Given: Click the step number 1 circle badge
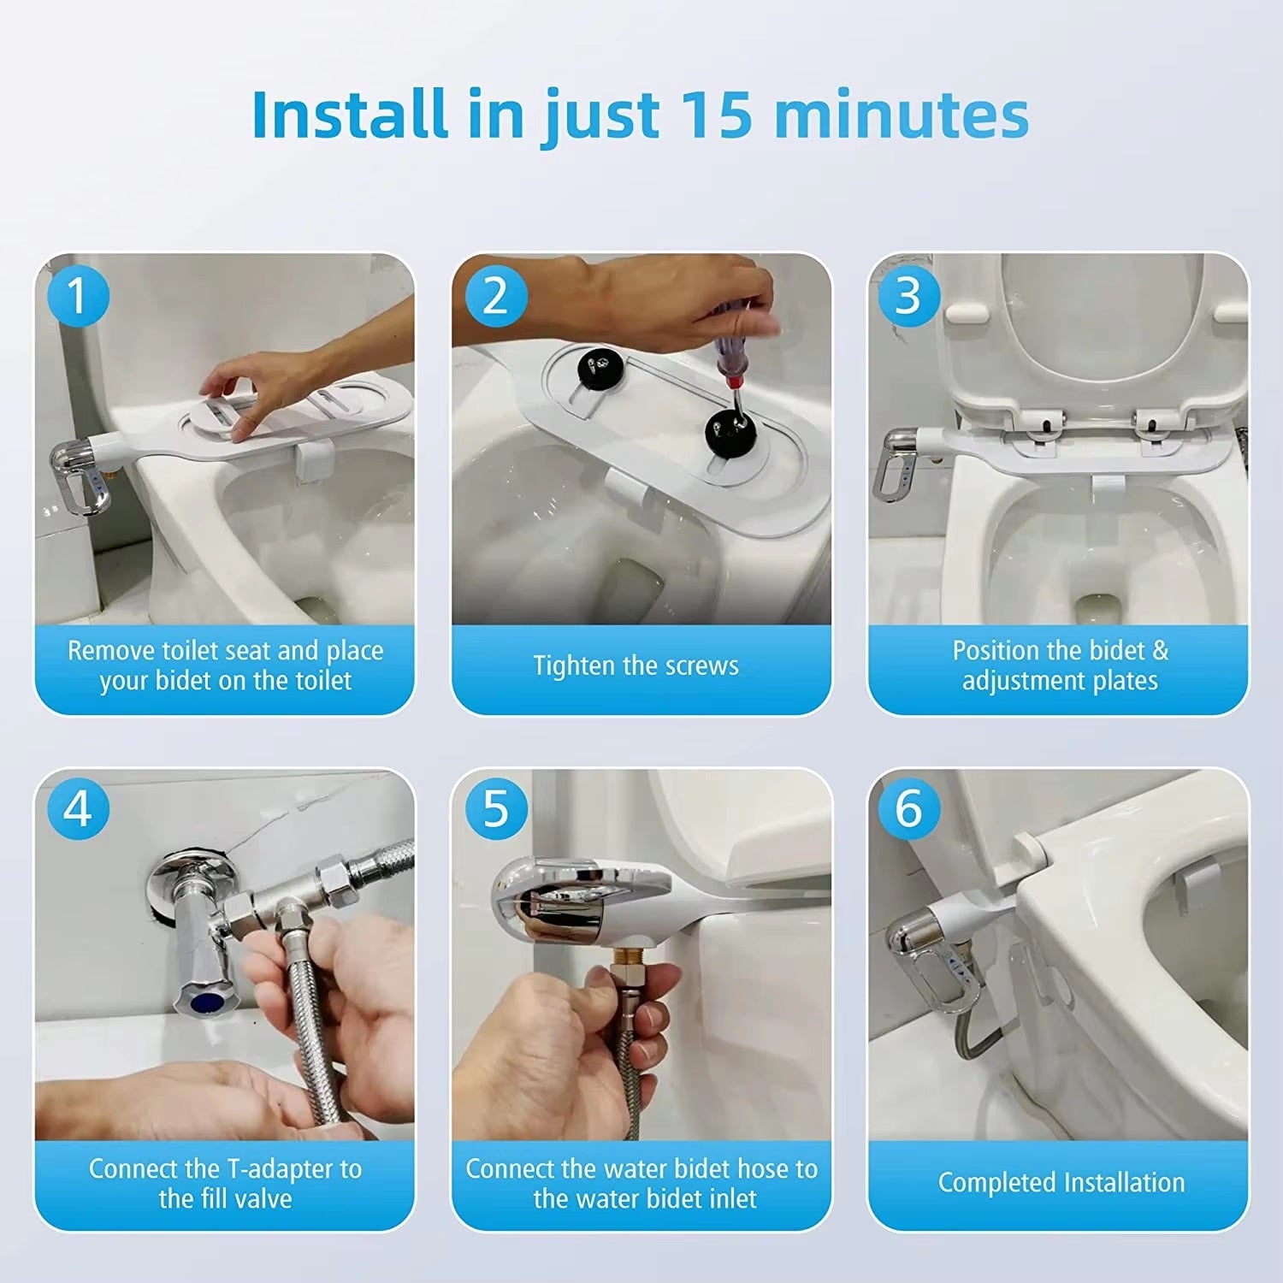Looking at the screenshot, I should pyautogui.click(x=78, y=296).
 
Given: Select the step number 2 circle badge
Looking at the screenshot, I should pyautogui.click(x=495, y=296).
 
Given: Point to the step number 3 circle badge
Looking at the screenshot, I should pyautogui.click(x=909, y=296).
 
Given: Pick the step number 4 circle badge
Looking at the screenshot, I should pyautogui.click(x=78, y=808).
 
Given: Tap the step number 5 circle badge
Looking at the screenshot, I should pyautogui.click(x=495, y=808).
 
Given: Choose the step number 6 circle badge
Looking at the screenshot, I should pyautogui.click(x=909, y=808).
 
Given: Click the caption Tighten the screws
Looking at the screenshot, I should pyautogui.click(x=636, y=665).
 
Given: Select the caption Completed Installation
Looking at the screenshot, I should pyautogui.click(x=1061, y=1182).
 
